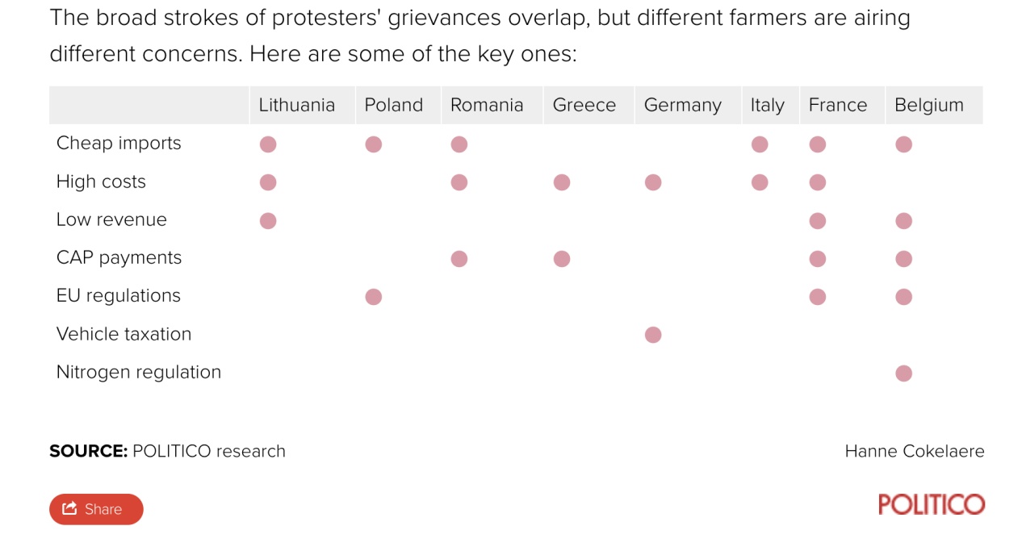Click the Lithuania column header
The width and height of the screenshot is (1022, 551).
(296, 105)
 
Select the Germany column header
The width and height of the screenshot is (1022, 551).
(682, 105)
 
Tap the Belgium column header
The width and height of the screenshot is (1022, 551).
(928, 105)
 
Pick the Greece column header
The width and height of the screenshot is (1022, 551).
(584, 105)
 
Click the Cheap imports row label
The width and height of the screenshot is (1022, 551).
(119, 144)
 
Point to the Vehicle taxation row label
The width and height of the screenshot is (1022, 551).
(124, 334)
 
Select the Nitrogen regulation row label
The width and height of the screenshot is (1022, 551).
(138, 372)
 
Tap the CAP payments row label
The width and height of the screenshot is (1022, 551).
(119, 258)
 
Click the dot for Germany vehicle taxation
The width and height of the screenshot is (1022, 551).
(653, 335)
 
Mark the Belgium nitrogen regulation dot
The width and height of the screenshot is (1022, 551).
(903, 373)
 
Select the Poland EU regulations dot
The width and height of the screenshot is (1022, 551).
(373, 297)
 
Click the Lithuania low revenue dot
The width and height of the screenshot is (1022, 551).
(268, 220)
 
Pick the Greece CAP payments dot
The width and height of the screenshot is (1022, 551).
(562, 259)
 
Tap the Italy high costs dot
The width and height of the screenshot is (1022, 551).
(759, 182)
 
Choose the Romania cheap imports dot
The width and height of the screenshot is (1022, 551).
(459, 144)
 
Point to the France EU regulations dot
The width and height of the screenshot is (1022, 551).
(817, 297)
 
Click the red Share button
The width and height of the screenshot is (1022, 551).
(96, 509)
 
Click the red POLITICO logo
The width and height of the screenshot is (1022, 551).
(931, 505)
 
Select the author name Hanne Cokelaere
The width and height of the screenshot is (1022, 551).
(914, 451)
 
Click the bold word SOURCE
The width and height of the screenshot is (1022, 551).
(88, 451)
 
